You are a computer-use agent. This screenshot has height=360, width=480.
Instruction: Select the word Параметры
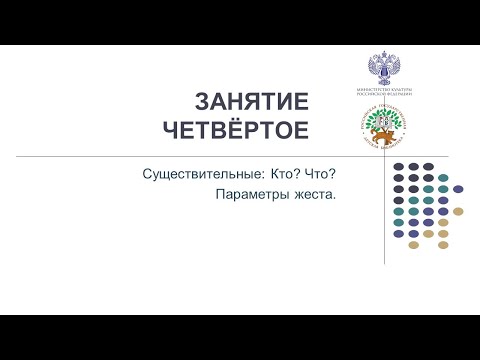click(250, 195)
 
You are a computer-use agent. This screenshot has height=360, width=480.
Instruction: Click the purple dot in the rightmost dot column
click(458, 188)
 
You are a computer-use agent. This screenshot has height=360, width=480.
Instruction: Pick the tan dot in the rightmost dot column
click(458, 211)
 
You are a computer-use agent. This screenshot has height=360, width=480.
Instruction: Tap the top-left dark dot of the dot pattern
click(399, 166)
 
